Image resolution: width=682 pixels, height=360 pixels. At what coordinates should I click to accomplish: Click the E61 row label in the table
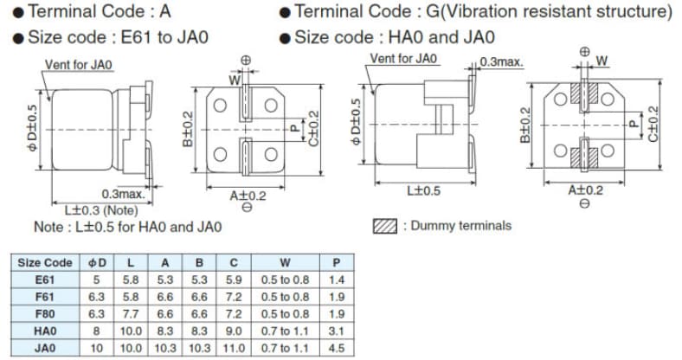(45, 280)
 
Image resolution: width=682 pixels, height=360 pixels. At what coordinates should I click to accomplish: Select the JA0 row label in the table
(45, 347)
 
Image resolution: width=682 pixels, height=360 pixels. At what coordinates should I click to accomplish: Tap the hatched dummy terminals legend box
(385, 227)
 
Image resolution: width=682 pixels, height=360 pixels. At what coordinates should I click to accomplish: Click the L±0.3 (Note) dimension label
(100, 209)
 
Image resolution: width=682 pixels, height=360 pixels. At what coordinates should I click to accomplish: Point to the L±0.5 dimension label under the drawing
(423, 191)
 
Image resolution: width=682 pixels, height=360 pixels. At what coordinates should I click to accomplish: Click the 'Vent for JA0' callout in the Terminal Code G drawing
(403, 59)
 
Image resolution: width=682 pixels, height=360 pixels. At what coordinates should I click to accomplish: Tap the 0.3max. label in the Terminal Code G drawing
(502, 62)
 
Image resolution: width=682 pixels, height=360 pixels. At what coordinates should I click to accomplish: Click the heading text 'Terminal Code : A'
(100, 12)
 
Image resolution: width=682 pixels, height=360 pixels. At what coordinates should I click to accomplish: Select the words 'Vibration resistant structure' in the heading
(571, 12)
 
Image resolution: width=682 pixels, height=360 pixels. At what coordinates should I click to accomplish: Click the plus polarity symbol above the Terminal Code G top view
(584, 51)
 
